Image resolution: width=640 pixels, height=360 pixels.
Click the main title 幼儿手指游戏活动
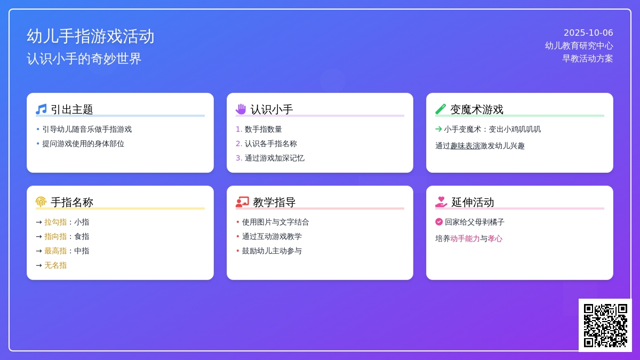click(91, 36)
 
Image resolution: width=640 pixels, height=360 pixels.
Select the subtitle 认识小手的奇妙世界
click(84, 59)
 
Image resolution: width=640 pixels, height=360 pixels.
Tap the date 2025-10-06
click(588, 33)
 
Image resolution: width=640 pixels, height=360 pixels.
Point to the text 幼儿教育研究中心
click(579, 46)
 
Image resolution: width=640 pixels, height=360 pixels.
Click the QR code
click(605, 325)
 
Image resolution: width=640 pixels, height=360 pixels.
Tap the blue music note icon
click(41, 109)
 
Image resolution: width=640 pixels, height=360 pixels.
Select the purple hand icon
click(241, 109)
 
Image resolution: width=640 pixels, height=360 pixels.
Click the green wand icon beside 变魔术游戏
click(441, 109)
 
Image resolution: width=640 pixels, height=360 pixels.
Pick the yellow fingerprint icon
click(41, 202)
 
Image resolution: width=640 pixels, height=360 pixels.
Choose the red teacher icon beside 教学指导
click(242, 202)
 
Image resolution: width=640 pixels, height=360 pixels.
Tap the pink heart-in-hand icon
click(441, 202)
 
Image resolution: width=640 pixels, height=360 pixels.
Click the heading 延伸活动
click(473, 202)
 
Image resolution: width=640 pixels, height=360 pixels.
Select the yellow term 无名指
click(55, 266)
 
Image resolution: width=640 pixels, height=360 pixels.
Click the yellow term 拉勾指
click(55, 222)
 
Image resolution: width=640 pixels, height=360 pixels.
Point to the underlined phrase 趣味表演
click(465, 146)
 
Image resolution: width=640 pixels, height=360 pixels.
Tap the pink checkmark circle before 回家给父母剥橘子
click(439, 222)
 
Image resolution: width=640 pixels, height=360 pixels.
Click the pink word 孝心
click(495, 238)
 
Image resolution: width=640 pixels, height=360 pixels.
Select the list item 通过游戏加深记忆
click(274, 158)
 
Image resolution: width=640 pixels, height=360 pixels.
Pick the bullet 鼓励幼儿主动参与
click(271, 251)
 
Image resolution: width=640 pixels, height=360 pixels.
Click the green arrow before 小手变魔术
click(438, 129)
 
